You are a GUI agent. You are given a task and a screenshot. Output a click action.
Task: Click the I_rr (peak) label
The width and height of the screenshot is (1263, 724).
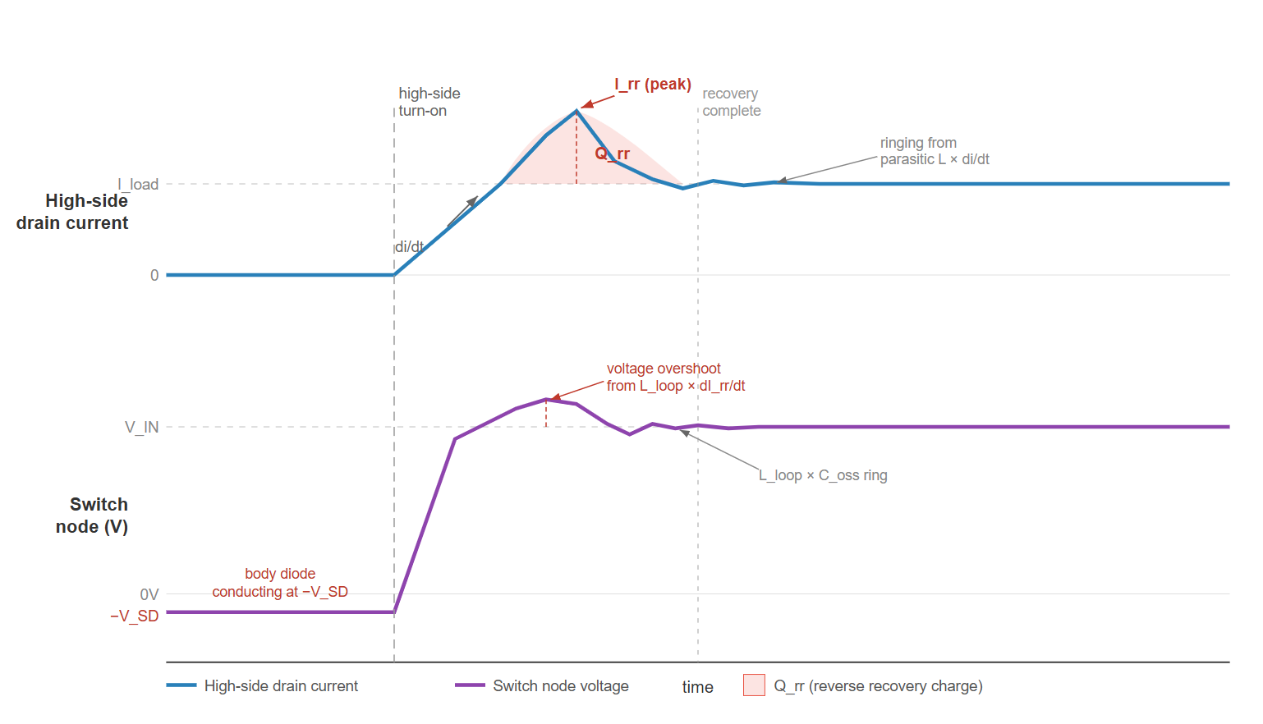[653, 84]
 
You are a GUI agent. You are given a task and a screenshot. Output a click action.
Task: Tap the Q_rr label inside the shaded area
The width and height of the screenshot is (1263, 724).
[613, 154]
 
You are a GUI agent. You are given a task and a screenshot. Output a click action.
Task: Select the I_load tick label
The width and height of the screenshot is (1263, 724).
[138, 184]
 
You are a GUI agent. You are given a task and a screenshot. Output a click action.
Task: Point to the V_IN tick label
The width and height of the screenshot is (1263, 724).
[141, 427]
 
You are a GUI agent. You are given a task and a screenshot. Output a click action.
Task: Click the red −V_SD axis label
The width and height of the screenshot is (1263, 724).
[134, 616]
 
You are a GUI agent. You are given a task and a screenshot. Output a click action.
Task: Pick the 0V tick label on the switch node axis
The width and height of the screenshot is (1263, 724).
[149, 594]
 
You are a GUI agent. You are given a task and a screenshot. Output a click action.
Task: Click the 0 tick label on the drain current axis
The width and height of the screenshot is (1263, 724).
[154, 275]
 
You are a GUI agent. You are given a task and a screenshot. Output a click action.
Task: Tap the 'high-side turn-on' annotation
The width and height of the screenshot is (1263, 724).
[429, 102]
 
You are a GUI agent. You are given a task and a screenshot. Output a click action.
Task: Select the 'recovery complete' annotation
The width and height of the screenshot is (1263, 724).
[731, 102]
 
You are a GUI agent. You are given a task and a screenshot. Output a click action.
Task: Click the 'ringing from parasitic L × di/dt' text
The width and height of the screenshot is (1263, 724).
[934, 151]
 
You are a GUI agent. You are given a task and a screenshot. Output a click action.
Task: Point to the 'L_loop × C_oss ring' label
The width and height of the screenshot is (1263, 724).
[823, 475]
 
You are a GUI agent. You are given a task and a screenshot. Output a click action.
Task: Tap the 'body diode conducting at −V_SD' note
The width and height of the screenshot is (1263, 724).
[280, 583]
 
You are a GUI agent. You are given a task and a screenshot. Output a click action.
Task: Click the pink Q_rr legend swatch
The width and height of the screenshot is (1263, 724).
[753, 685]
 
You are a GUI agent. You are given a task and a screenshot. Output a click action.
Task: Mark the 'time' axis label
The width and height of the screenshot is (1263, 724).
[697, 687]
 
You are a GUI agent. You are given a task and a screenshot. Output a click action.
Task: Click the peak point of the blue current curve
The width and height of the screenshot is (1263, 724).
[577, 111]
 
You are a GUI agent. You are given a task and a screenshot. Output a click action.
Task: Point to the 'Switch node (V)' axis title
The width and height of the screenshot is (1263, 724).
[92, 516]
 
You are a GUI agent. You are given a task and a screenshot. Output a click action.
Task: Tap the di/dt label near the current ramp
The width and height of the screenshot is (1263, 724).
[409, 247]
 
